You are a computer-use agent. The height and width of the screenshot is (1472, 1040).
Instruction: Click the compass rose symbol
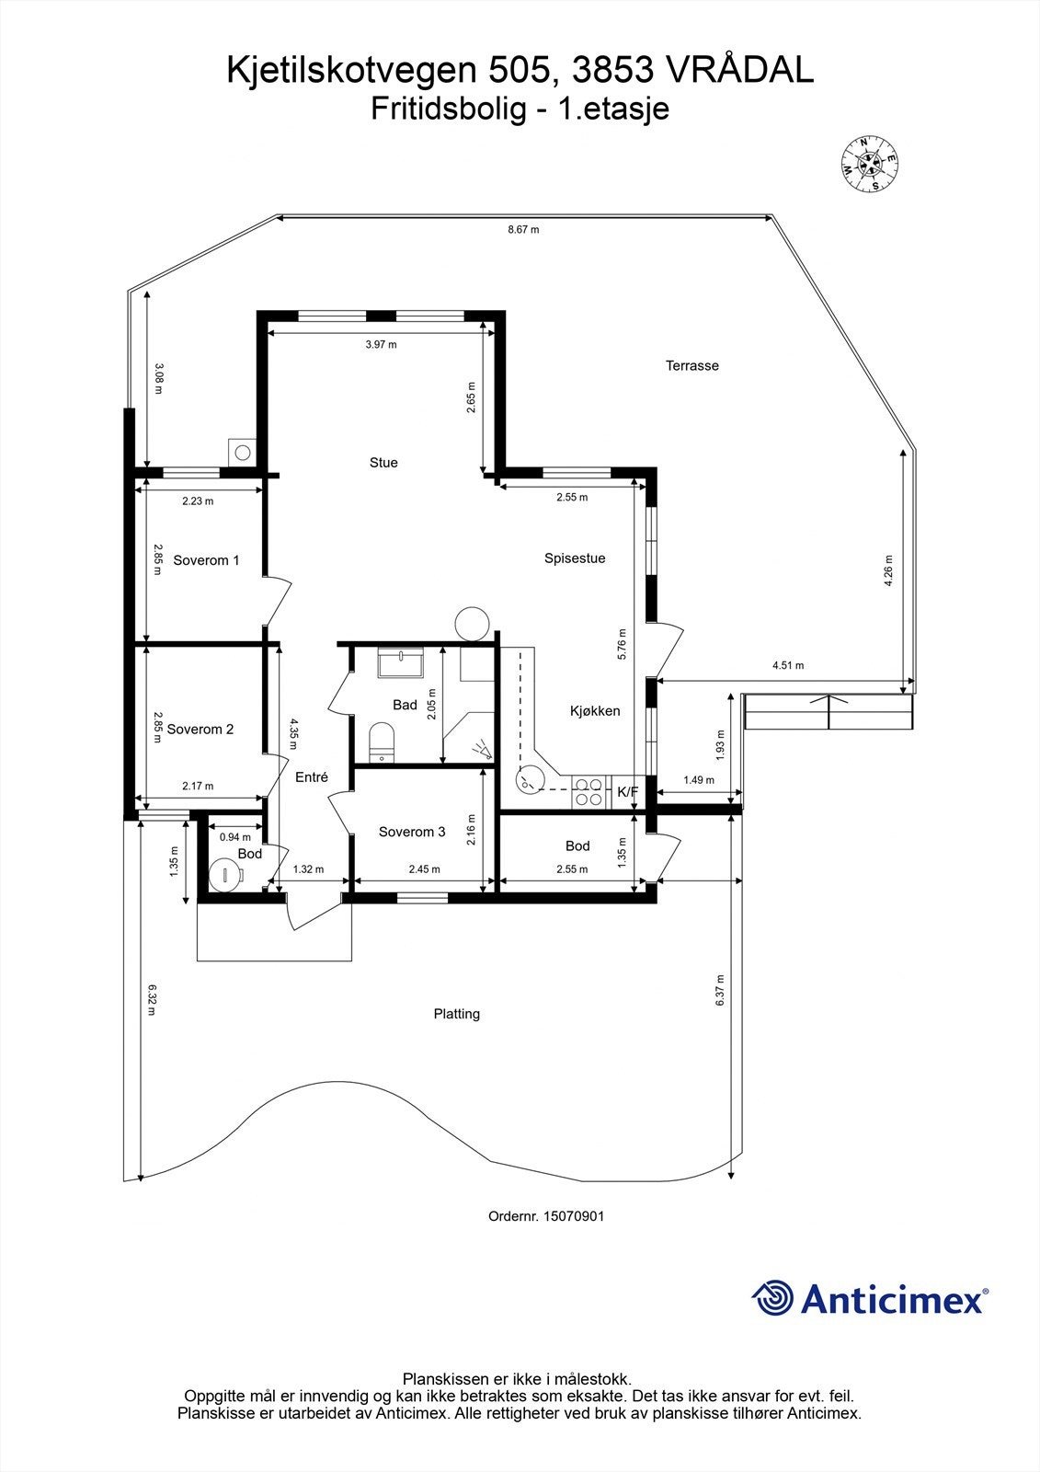(869, 166)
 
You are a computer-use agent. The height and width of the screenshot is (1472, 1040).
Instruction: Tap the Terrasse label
(692, 365)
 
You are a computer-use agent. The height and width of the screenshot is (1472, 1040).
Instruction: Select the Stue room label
(383, 463)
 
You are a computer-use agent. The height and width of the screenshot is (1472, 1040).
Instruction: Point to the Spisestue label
(575, 558)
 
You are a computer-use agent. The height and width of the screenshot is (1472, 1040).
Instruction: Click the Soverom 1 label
(206, 560)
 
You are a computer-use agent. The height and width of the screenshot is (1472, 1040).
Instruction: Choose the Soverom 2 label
(200, 730)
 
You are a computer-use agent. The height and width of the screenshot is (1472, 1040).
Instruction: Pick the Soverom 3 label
(412, 832)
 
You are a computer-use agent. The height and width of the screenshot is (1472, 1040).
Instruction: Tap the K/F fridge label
(627, 791)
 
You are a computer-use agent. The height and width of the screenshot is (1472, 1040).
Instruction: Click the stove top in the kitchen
(589, 792)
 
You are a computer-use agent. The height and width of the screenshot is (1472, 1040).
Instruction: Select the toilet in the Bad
(381, 742)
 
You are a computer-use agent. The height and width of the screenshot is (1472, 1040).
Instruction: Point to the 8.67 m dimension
(523, 229)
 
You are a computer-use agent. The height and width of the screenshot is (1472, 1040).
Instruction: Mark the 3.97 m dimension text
(381, 345)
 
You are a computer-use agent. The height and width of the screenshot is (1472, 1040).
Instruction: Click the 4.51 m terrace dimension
(788, 665)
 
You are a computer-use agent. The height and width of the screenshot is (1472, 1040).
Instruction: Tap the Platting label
(457, 1014)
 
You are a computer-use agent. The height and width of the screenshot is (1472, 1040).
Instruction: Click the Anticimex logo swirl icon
(772, 1297)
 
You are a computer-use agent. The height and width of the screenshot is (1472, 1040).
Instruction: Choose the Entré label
(312, 777)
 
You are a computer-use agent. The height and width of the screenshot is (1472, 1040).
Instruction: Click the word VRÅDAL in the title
(739, 71)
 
